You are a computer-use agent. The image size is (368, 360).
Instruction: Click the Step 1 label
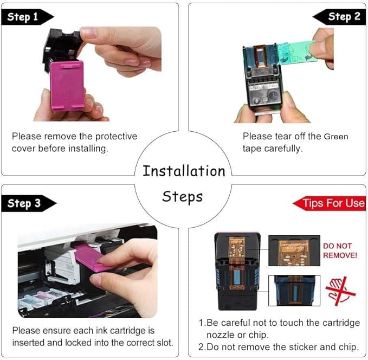click(23, 17)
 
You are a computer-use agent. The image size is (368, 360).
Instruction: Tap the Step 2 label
click(344, 16)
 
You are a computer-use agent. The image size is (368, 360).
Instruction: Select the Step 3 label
click(24, 203)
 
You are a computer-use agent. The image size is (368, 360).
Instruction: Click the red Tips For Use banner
click(330, 203)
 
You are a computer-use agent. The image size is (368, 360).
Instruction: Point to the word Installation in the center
click(184, 171)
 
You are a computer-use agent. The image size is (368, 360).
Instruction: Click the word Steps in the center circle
click(182, 197)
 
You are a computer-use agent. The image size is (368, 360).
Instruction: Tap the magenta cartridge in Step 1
click(67, 86)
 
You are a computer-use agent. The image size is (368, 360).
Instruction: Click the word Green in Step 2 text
click(336, 137)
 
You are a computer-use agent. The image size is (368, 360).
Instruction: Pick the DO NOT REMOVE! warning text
click(340, 250)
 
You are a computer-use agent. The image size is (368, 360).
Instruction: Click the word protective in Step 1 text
click(116, 137)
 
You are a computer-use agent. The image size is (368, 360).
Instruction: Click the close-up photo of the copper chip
click(294, 250)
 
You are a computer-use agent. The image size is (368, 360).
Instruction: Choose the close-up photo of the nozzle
click(294, 291)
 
